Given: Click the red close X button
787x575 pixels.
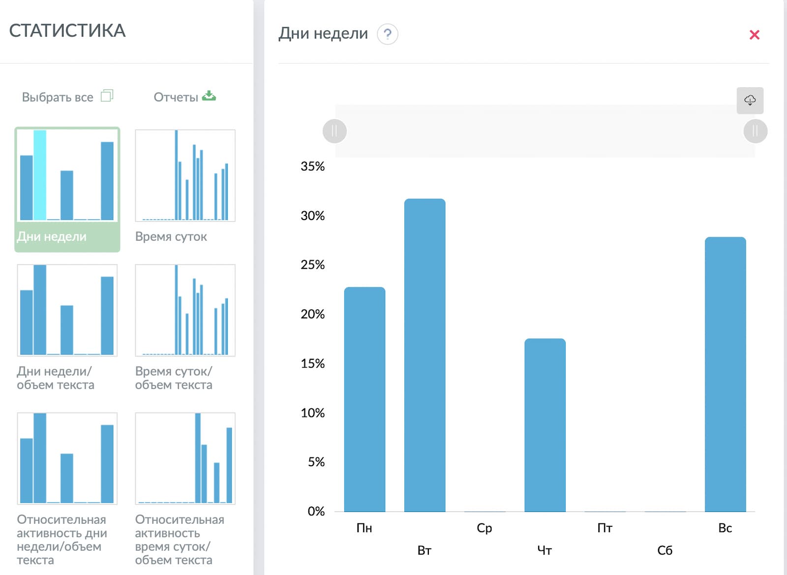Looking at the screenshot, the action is pos(755,34).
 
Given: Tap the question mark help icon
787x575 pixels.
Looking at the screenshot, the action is pos(387,34).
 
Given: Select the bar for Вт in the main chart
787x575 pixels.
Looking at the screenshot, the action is pos(424,355).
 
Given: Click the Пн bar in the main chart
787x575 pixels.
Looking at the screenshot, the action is pos(364,399).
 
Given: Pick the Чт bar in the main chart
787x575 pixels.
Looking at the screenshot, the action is pos(545,425).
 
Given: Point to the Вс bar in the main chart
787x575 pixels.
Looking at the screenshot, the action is pos(725,374).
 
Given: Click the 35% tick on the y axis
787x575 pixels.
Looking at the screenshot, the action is pos(312,166).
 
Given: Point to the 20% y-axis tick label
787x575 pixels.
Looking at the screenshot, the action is pos(312,314).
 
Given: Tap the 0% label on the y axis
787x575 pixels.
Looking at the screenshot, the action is pos(316,511).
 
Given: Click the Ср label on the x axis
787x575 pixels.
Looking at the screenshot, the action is pos(484,528).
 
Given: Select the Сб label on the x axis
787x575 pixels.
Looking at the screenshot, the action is pos(665,550).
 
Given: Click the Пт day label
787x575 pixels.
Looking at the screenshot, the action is pos(605,528).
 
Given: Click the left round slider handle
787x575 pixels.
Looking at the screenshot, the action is pos(334,131).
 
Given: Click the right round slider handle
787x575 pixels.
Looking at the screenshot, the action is pos(755,131).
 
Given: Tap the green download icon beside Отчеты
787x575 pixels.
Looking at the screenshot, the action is pos(209,96).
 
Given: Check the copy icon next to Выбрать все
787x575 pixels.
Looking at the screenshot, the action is pos(107,96).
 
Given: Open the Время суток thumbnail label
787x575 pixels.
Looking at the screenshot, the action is pos(171,236).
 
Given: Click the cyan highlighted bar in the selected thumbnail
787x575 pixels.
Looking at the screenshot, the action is pos(40,175).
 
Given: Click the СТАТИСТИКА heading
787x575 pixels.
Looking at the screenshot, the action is pos(67,31).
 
